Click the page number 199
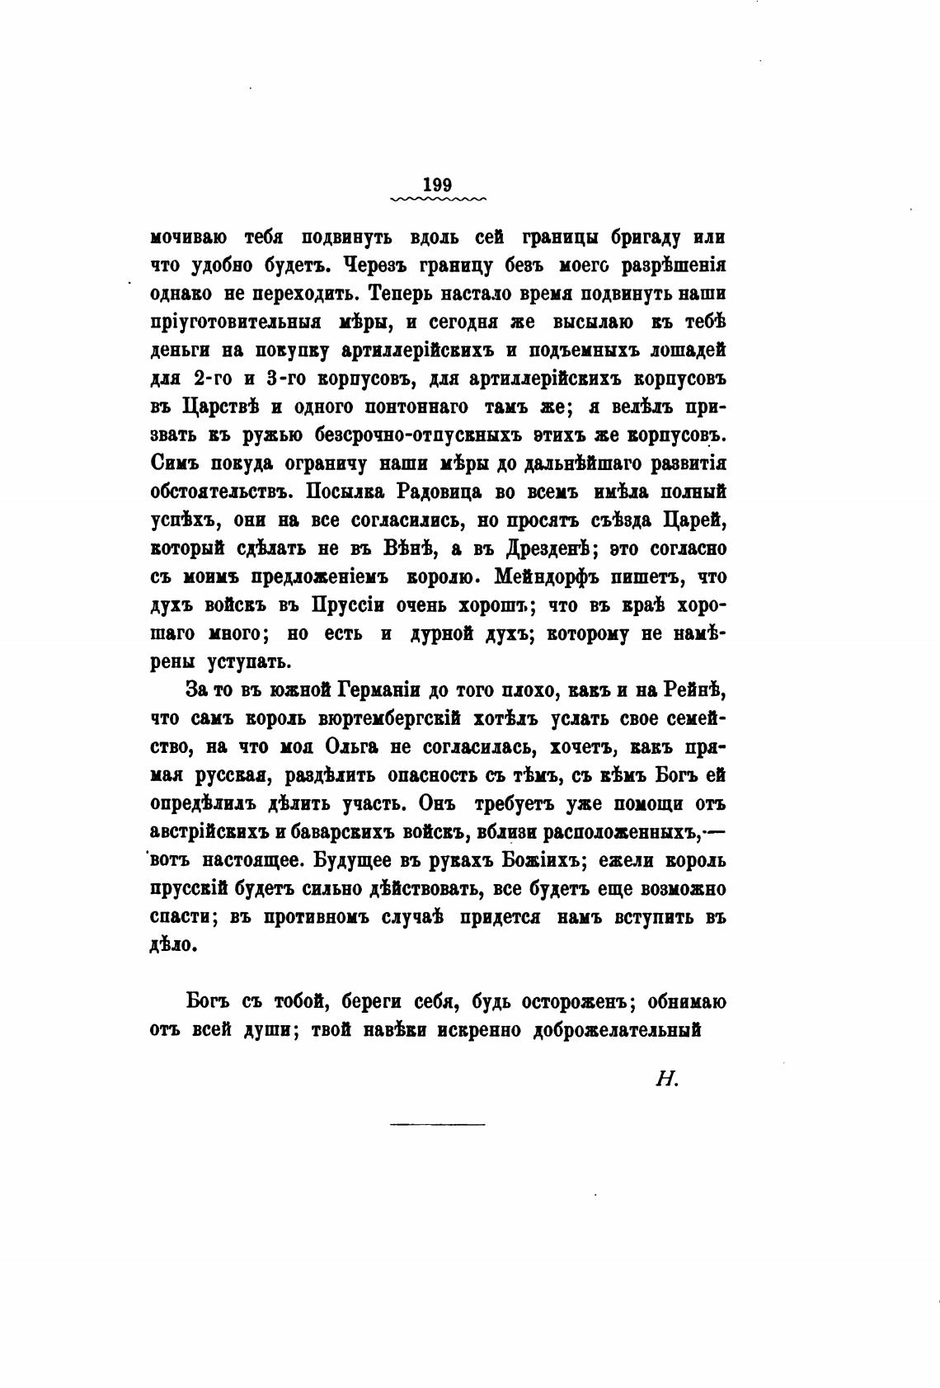click(x=437, y=185)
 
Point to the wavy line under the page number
click(x=437, y=199)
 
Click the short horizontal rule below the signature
click(x=437, y=1123)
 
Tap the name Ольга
click(x=352, y=747)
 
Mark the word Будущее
click(x=367, y=861)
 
